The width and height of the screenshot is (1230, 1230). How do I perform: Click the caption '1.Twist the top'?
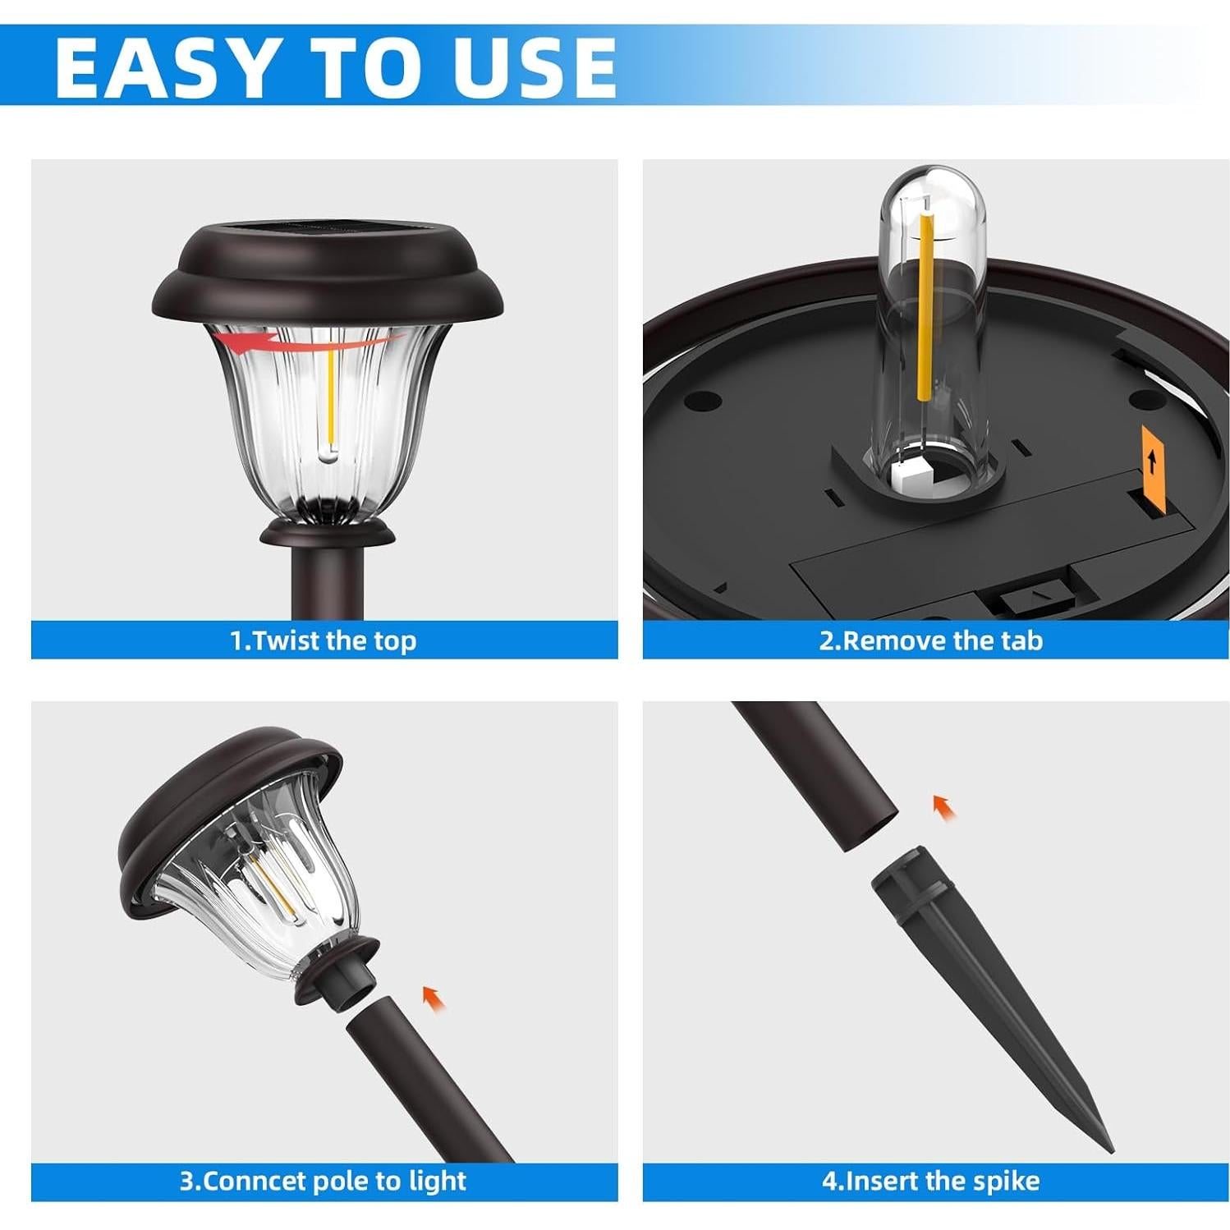point(323,640)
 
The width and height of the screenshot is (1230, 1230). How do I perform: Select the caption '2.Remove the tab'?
point(930,640)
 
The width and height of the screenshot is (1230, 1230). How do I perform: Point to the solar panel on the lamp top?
point(328,232)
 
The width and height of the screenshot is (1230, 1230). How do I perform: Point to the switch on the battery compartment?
point(1036,597)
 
